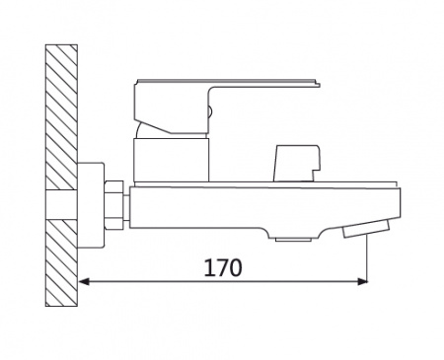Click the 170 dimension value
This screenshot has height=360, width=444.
click(223, 267)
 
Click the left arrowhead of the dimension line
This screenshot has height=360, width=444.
click(84, 281)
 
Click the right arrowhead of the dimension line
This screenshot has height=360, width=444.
click(362, 281)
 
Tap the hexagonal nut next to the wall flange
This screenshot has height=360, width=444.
click(113, 204)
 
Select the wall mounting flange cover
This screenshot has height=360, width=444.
click(91, 204)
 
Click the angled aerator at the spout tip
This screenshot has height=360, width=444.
click(366, 228)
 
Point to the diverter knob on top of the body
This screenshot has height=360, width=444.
click(297, 163)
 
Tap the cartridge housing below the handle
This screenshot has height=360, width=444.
click(171, 160)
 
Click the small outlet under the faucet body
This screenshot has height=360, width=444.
click(293, 240)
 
